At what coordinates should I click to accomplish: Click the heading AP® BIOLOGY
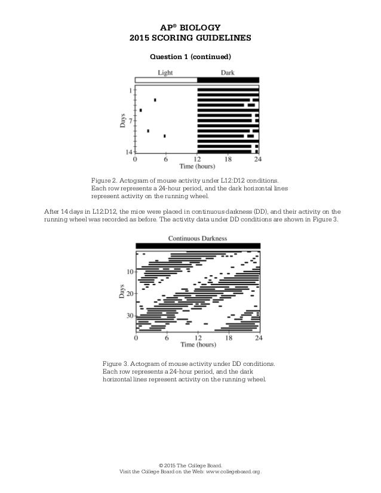coord(190,27)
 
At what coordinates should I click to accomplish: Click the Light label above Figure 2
coord(167,72)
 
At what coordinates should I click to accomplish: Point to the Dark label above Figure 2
coord(228,72)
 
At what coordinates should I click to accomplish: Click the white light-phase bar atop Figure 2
coord(166,79)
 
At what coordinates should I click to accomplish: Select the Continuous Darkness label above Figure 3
coord(197,238)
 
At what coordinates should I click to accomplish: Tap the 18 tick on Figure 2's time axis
coord(228,160)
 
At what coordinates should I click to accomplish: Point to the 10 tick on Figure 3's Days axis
coord(130,272)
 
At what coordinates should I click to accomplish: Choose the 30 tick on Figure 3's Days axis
coord(130,316)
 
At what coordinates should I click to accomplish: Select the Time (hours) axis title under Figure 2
coord(197,168)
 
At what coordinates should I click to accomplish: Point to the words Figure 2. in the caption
coord(103,180)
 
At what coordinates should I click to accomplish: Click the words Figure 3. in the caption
coord(115,363)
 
